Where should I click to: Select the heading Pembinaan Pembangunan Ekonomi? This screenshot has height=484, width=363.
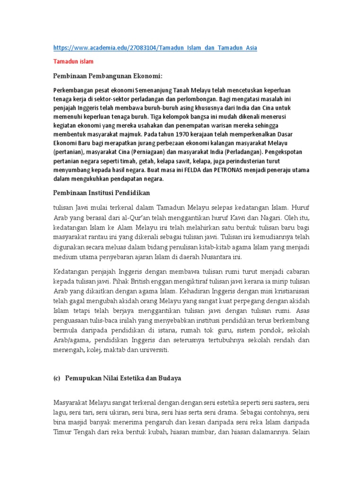[x=107, y=76]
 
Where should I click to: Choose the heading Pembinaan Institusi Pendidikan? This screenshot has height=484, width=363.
[x=107, y=192]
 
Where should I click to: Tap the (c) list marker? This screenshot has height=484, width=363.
[x=56, y=379]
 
